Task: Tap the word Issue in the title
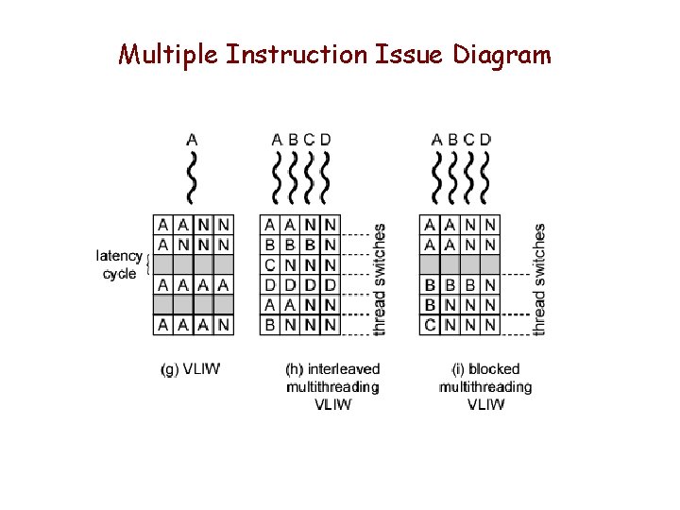pos(409,56)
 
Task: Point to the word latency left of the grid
pos(119,256)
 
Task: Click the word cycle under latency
pos(120,274)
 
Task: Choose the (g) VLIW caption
pos(190,369)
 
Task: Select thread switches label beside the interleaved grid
pos(380,279)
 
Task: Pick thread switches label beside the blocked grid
pos(539,279)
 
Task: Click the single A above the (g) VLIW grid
pos(193,140)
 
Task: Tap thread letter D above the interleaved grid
pos(326,140)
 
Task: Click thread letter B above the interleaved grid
pos(293,140)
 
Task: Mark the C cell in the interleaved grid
pos(270,264)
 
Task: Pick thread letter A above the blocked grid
pos(436,140)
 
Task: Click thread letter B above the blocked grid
pos(452,140)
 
